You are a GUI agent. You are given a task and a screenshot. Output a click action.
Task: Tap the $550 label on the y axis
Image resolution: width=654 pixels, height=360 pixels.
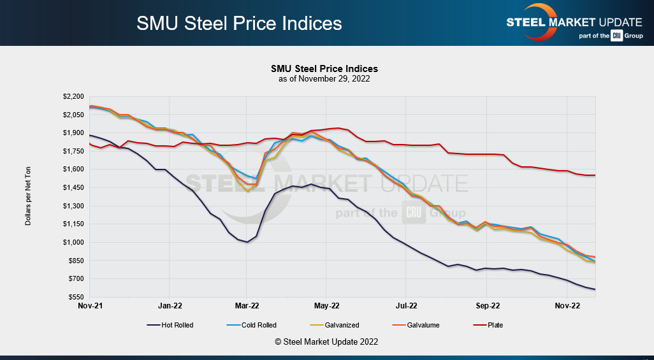click(x=76, y=298)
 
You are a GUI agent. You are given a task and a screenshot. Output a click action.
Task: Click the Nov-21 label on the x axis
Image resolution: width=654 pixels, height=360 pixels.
click(x=89, y=306)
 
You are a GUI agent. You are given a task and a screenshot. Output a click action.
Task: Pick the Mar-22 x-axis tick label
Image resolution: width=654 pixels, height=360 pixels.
click(x=247, y=306)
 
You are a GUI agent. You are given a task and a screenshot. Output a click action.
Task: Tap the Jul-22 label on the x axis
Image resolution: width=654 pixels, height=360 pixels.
click(x=406, y=306)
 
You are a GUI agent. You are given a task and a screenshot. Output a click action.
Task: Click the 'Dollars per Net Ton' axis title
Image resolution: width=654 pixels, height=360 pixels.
click(x=28, y=196)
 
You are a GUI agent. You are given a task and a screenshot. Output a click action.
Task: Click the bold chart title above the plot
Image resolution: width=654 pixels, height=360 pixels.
click(x=324, y=69)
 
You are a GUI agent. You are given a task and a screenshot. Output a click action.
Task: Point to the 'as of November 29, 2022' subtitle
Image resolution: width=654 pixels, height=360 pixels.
click(x=324, y=79)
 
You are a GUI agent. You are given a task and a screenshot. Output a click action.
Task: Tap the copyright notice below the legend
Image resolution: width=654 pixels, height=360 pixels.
click(x=326, y=342)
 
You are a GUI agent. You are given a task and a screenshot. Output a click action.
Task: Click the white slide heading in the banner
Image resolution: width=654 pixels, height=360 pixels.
click(x=239, y=24)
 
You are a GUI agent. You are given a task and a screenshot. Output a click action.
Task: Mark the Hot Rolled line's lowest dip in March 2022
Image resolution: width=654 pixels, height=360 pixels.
click(x=247, y=242)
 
